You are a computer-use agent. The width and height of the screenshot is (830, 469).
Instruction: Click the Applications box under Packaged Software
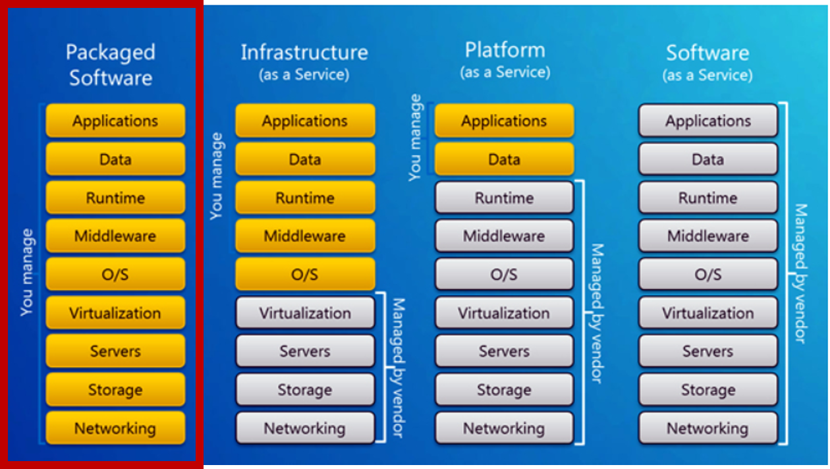[115, 121]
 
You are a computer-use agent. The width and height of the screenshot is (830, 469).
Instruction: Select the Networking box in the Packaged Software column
[115, 429]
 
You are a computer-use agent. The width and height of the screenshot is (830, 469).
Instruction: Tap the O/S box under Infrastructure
[305, 275]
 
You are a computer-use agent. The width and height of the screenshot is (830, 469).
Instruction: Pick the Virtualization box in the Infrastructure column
[305, 314]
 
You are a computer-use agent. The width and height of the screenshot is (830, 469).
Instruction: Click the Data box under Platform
[504, 159]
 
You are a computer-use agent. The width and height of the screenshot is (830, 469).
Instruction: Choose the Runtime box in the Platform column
[504, 198]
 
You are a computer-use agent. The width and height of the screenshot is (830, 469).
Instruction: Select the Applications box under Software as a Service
[708, 121]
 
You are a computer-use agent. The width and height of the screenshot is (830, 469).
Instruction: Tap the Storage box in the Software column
[708, 391]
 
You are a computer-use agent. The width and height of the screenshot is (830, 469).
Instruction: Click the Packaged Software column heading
[111, 65]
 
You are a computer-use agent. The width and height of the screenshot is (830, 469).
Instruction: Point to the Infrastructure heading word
[304, 53]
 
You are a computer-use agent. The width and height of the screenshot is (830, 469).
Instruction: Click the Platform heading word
[505, 50]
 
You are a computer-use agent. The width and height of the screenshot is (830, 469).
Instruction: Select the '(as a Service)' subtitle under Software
[707, 75]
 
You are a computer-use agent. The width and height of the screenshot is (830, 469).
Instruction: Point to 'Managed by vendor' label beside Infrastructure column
[398, 368]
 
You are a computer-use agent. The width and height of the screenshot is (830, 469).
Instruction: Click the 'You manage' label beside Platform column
[415, 138]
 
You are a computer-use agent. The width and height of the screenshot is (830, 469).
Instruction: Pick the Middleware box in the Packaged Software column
[115, 236]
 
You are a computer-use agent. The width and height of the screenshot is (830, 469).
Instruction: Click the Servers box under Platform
[504, 352]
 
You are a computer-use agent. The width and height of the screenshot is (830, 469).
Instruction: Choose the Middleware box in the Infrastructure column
[305, 236]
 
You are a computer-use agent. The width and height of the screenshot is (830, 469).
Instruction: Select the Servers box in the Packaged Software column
[115, 352]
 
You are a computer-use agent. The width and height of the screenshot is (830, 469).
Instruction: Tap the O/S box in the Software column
[708, 275]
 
